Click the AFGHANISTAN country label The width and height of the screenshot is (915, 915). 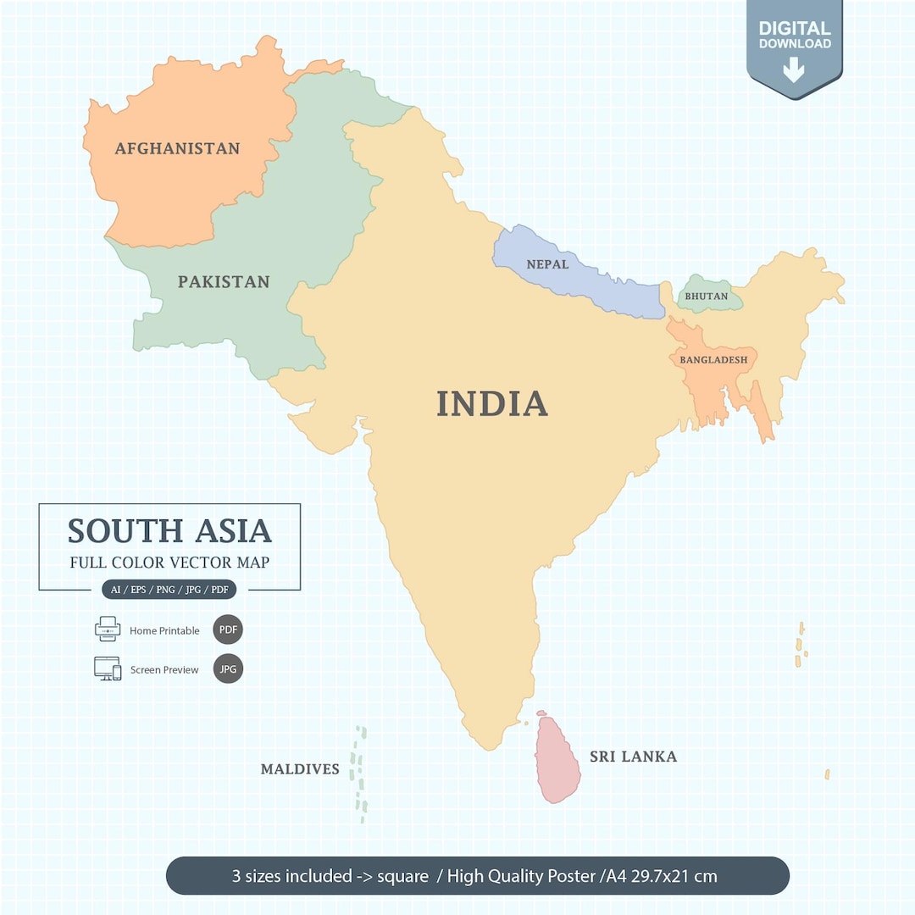point(177,148)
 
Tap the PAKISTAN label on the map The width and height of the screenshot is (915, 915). point(224,281)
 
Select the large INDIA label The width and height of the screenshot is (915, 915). point(492,403)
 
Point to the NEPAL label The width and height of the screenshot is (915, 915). point(547,264)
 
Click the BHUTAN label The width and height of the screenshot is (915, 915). point(706,297)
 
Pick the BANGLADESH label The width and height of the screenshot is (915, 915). point(713,359)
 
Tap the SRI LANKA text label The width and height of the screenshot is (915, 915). point(633,757)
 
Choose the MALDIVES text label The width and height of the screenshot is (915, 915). point(300,769)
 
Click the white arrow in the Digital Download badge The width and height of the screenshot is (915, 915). point(794,69)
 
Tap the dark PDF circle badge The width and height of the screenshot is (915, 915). point(228,629)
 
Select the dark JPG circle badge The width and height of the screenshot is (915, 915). point(228,668)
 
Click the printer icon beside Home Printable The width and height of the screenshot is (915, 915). point(108,629)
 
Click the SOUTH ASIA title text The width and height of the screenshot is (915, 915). point(169,531)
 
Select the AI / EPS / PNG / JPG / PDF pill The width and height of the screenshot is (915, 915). point(169,590)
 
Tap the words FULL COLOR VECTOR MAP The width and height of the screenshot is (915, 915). point(169,563)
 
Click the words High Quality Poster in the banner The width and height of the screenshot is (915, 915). point(521,875)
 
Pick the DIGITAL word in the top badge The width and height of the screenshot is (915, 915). point(794,28)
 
